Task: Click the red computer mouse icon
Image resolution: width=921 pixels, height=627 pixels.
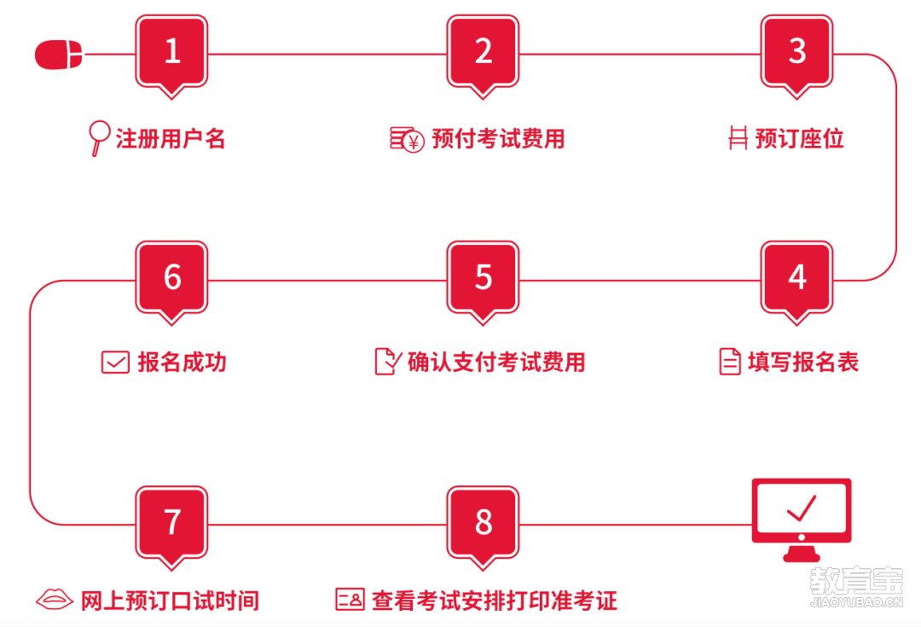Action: tap(59, 55)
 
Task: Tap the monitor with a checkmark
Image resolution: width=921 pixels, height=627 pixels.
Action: tap(801, 520)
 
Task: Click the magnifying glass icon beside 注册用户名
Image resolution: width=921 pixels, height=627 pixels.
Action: tap(99, 138)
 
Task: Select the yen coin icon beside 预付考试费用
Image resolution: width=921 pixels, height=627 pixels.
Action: tap(407, 139)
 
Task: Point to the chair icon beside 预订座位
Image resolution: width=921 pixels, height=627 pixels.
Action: tap(738, 138)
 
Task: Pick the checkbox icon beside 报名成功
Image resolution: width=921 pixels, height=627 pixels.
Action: tap(115, 363)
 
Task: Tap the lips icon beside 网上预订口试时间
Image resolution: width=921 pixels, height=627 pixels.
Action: tap(54, 600)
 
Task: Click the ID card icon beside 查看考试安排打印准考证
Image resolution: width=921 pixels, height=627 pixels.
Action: tap(350, 600)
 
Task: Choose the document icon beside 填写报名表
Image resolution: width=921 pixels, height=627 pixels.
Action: tap(730, 362)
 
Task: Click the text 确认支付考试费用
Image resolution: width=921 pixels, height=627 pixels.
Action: tap(496, 362)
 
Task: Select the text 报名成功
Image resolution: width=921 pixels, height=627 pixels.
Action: tap(182, 362)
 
